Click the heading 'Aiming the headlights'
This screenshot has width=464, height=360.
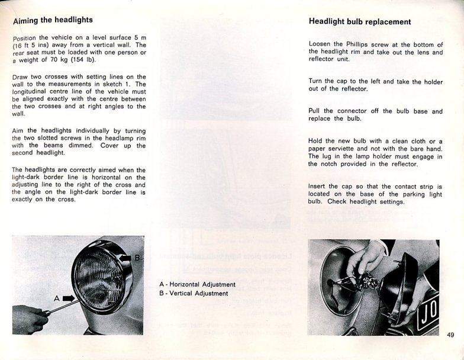click(x=53, y=20)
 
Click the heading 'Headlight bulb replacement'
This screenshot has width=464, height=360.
click(x=360, y=22)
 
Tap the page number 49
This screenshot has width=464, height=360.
click(x=451, y=335)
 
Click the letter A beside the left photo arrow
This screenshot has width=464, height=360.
click(x=57, y=299)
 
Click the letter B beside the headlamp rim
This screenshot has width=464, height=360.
click(x=137, y=258)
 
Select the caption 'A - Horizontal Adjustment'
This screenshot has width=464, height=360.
click(x=197, y=284)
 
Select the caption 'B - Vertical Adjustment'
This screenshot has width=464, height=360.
click(x=194, y=293)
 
